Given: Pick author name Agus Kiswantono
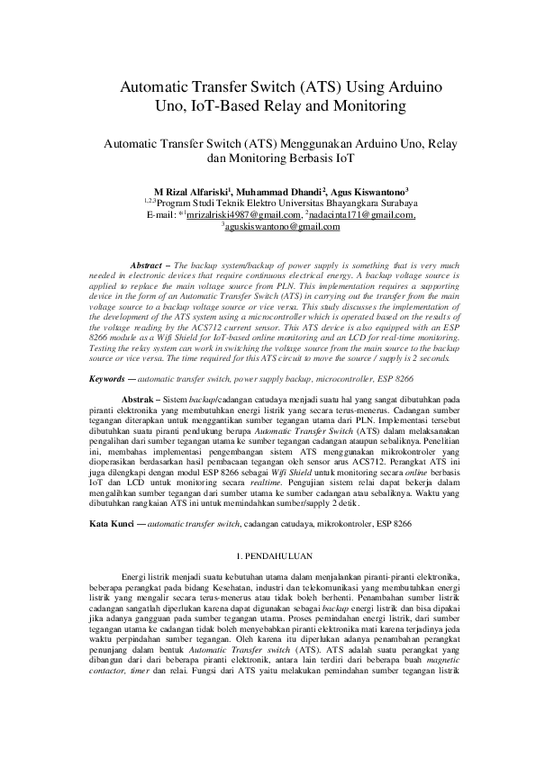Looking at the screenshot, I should pyautogui.click(x=368, y=192).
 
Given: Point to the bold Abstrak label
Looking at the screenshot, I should pyautogui.click(x=138, y=397).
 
